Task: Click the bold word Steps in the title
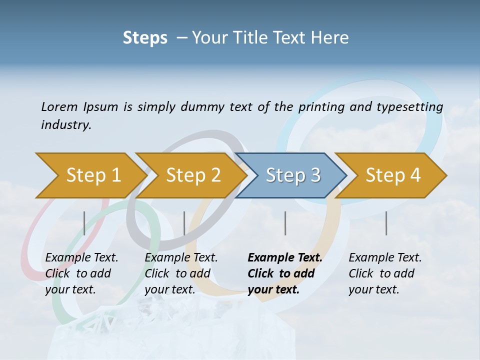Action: [145, 38]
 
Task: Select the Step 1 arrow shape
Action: [90, 175]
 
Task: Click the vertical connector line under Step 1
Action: [84, 223]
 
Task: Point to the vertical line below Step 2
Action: [184, 223]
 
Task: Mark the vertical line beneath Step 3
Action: [285, 223]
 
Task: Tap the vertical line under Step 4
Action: [386, 223]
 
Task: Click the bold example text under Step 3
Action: [283, 273]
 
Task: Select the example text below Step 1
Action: [81, 273]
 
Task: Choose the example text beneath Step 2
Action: [180, 273]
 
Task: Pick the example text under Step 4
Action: [384, 273]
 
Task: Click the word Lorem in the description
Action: [59, 107]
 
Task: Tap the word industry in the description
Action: [65, 125]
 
